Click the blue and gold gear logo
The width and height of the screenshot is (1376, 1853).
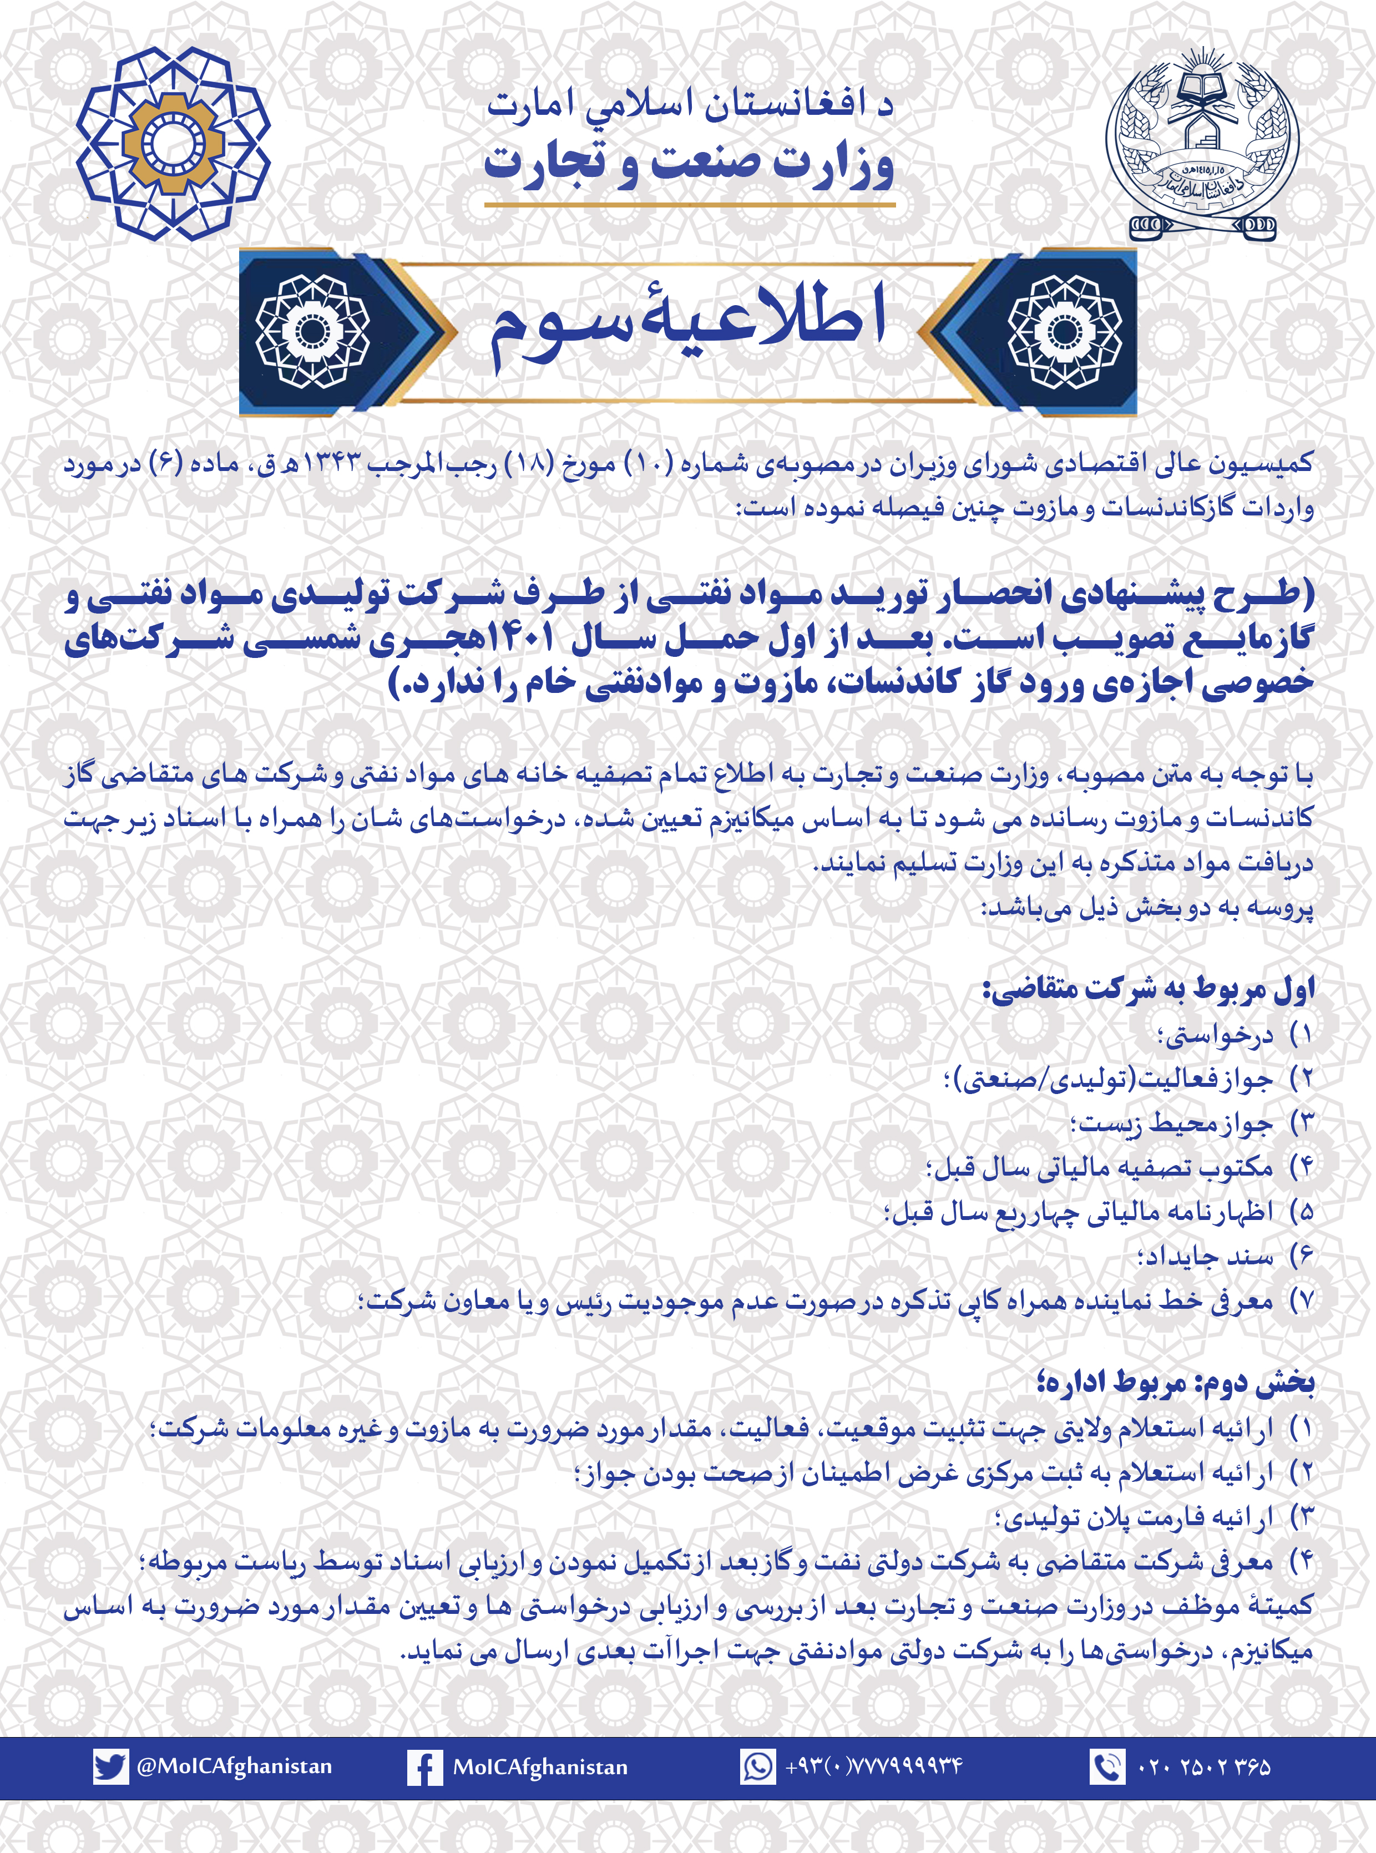pyautogui.click(x=173, y=143)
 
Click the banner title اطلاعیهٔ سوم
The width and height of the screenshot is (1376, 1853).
pyautogui.click(x=688, y=325)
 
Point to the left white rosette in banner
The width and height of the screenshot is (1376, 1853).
pyautogui.click(x=312, y=331)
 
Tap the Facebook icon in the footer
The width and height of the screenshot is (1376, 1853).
pyautogui.click(x=424, y=1767)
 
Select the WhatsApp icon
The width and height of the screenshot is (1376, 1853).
pyautogui.click(x=758, y=1766)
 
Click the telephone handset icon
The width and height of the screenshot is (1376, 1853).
pyautogui.click(x=1107, y=1766)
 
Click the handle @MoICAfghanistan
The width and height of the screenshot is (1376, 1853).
pyautogui.click(x=234, y=1766)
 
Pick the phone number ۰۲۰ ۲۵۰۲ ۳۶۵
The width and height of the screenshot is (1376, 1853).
pyautogui.click(x=1203, y=1767)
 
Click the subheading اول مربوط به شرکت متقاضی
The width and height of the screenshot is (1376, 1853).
pyautogui.click(x=1150, y=989)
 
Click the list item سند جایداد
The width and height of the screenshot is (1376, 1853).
pyautogui.click(x=1205, y=1256)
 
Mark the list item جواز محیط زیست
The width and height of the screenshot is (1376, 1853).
pyautogui.click(x=1172, y=1125)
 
